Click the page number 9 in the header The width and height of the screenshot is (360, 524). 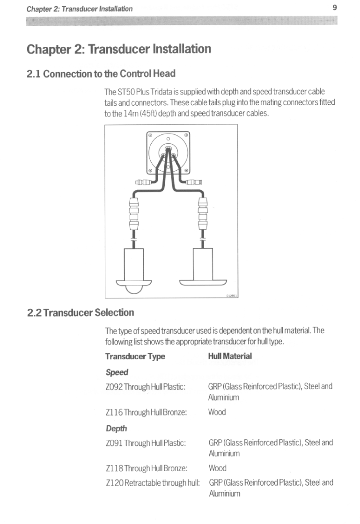click(335, 7)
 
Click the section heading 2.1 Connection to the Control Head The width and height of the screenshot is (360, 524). click(102, 73)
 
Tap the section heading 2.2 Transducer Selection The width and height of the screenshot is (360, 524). click(81, 313)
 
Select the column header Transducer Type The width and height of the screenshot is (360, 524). click(135, 356)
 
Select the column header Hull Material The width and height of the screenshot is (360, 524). click(230, 356)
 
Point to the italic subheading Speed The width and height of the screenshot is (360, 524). click(117, 372)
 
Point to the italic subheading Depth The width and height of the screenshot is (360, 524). click(117, 428)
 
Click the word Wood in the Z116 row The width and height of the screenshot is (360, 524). click(217, 412)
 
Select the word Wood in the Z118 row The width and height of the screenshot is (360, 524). click(217, 468)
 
